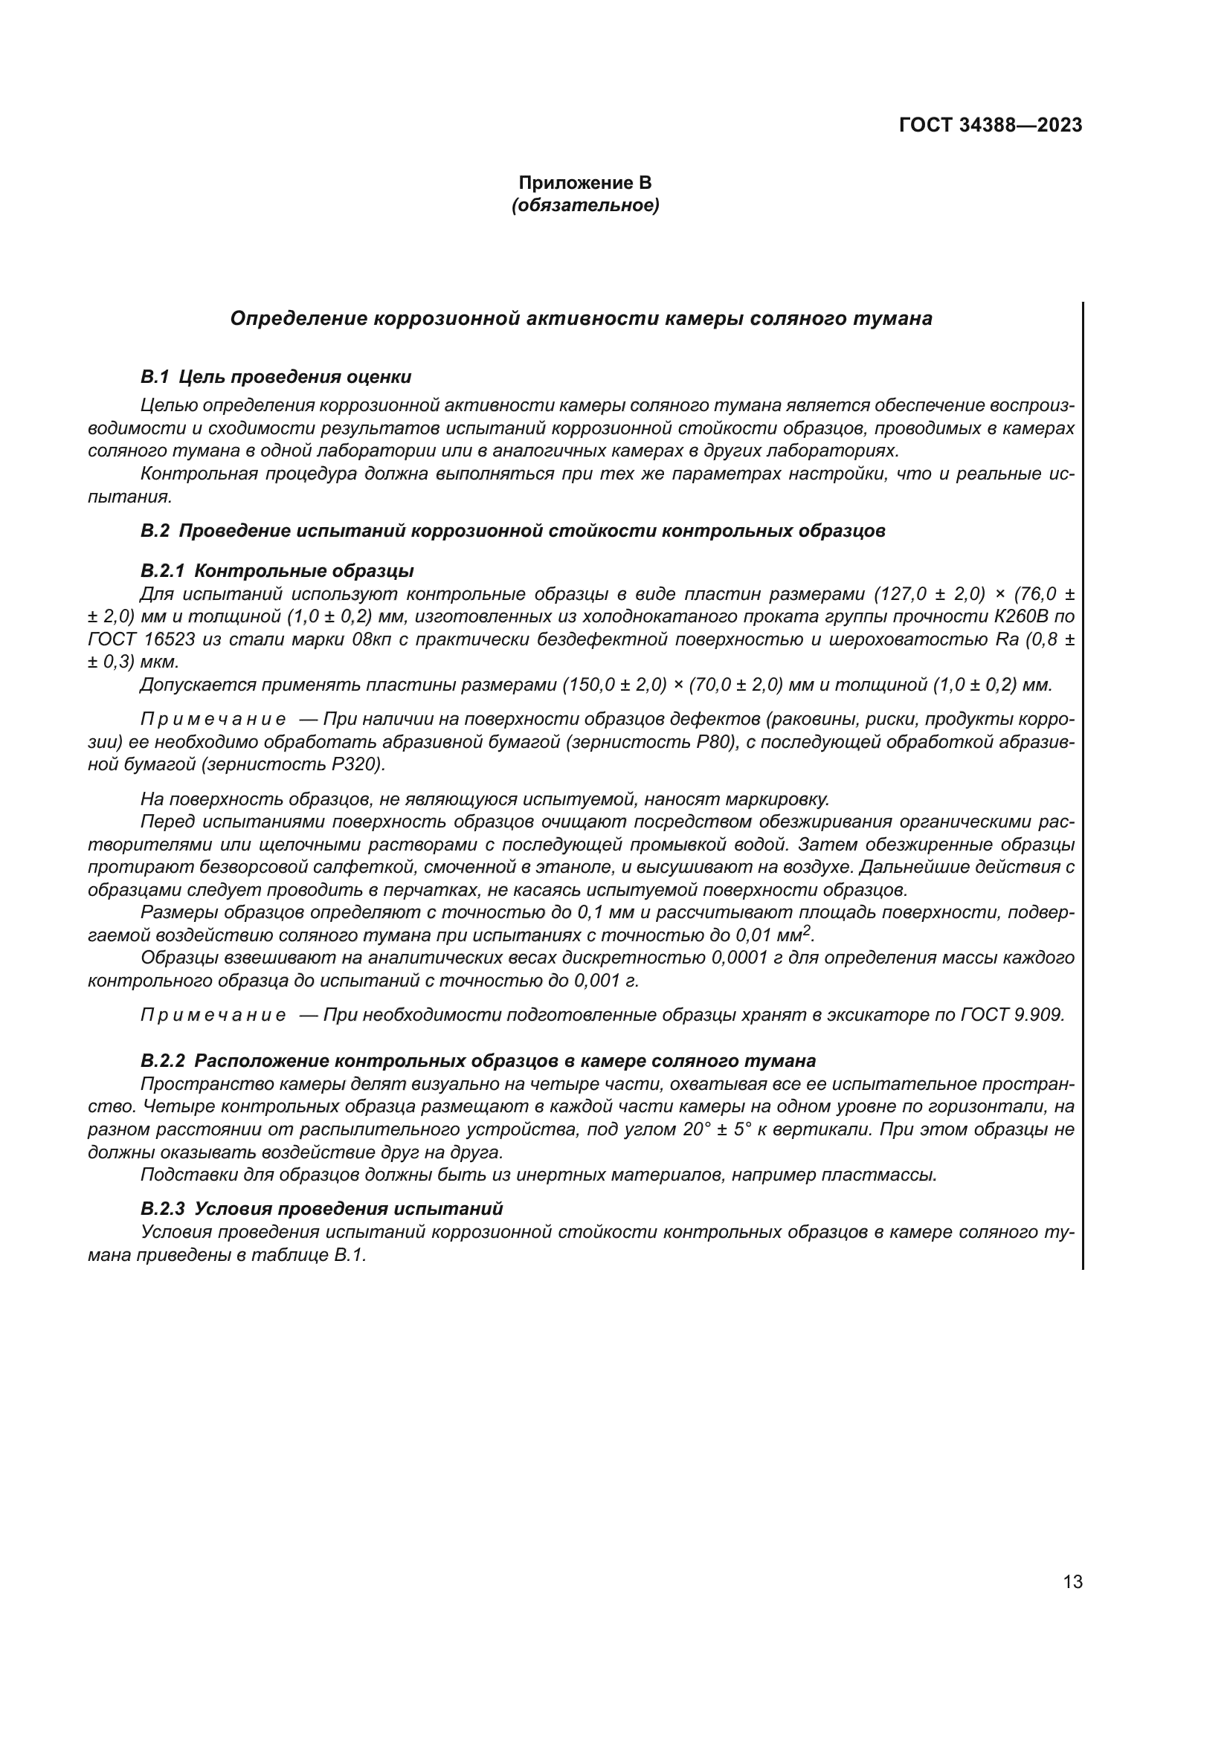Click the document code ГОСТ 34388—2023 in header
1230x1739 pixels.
pos(990,126)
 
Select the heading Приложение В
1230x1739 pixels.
pos(585,184)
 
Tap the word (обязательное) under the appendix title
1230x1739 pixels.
pos(585,205)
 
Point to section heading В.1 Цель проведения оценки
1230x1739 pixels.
pos(277,377)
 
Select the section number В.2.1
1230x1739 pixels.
pos(163,571)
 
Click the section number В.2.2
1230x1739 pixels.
pos(163,1061)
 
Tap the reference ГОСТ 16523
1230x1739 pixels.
pos(141,639)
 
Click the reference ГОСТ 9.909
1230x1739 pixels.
pos(1013,1015)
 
